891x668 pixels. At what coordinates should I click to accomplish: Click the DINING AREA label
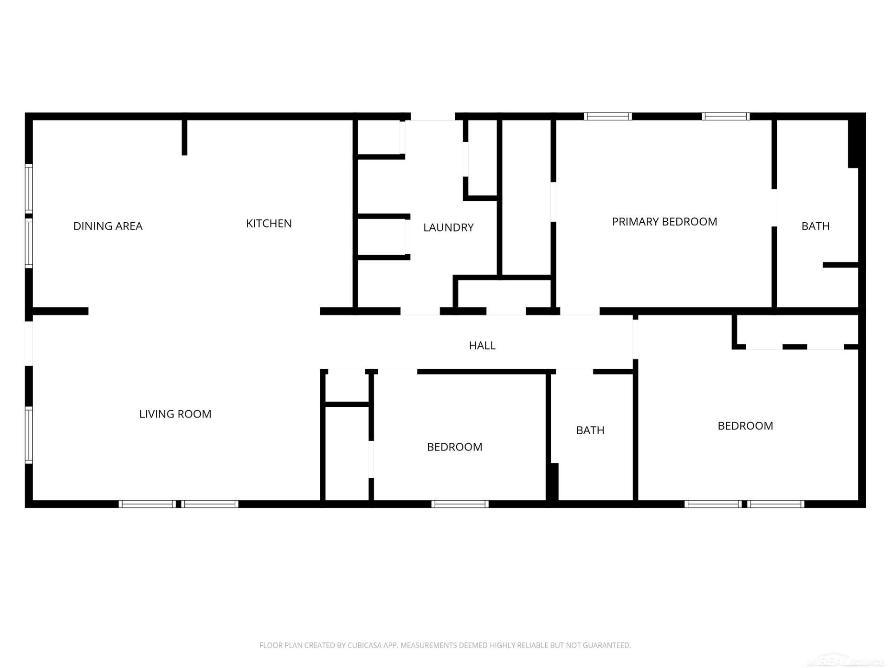point(108,226)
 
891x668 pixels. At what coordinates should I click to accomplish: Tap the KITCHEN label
point(269,223)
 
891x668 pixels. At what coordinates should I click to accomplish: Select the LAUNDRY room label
point(448,227)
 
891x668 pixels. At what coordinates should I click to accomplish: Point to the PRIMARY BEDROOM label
point(664,222)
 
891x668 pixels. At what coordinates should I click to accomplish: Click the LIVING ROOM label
point(175,414)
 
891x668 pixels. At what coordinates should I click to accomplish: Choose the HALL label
point(482,345)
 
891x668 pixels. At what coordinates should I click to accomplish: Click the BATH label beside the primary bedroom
point(815,226)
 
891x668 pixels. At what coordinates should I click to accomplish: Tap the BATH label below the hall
point(590,430)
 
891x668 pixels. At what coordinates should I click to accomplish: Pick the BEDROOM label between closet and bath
point(454,447)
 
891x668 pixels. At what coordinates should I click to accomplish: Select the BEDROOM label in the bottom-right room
point(745,426)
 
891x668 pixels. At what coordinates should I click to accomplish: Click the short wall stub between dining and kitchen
point(184,137)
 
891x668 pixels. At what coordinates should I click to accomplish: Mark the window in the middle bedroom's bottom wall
point(460,504)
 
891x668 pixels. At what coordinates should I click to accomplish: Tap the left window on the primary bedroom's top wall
point(607,116)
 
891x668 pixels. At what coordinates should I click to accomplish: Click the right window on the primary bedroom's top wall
point(725,116)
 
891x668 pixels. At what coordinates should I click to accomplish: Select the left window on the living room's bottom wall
point(147,504)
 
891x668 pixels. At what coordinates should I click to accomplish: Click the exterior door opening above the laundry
point(433,116)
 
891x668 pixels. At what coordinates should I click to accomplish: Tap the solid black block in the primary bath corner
point(853,144)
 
